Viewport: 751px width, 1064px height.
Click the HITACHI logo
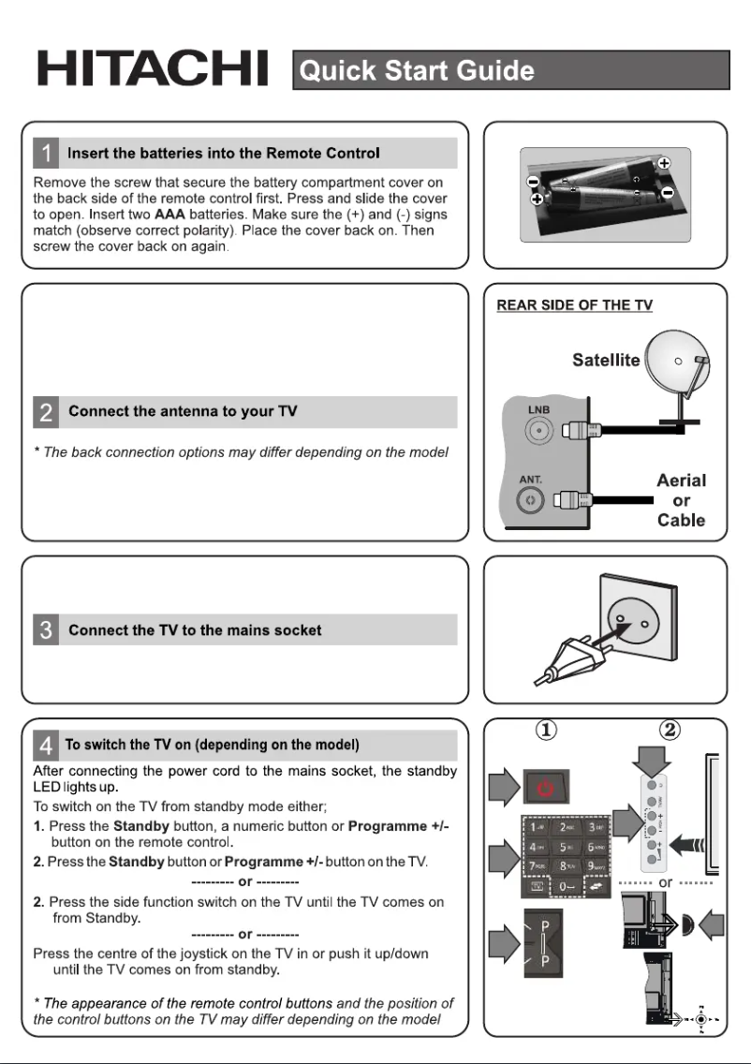tap(152, 69)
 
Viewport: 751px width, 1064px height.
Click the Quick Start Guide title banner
tap(510, 70)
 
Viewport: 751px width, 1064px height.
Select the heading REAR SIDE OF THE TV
tap(574, 305)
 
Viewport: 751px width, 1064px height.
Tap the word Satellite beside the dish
tap(606, 360)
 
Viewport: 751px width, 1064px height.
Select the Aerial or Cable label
tap(681, 500)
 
